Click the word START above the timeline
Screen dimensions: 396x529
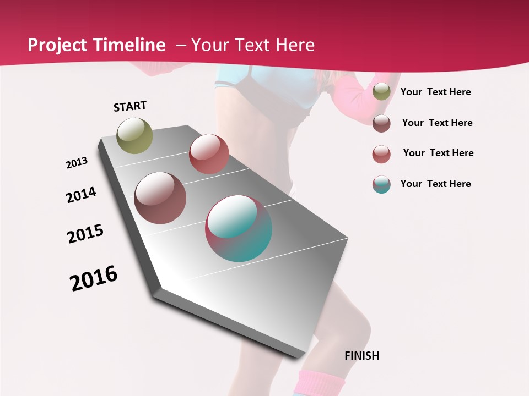pos(130,106)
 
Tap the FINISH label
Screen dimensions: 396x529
pos(361,356)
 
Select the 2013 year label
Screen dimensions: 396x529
pos(77,163)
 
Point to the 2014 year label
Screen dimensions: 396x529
pos(82,195)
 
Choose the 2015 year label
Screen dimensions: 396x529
pos(85,234)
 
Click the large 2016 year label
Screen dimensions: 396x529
pos(94,278)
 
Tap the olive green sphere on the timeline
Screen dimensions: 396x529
pos(135,135)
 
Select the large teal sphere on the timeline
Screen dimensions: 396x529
pos(239,228)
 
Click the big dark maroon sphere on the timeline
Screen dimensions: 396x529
pos(160,198)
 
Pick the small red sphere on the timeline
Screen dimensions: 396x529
pos(209,154)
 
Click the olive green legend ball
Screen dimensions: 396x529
pos(381,92)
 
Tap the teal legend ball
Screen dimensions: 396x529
pos(381,184)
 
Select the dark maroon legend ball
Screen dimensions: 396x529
pos(381,123)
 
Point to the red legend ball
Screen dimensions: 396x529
pos(381,154)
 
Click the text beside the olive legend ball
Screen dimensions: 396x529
pos(435,92)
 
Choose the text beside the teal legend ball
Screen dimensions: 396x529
pos(435,184)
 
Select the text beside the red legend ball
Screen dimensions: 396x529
pos(438,153)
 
